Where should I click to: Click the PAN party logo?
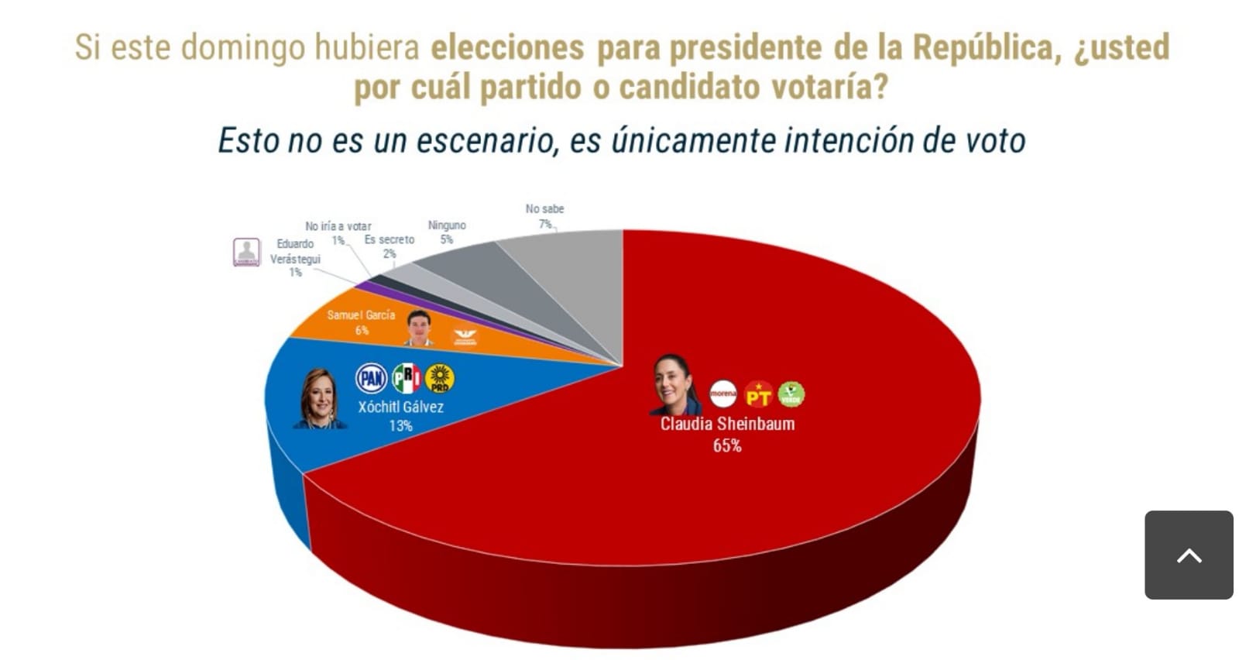click(x=371, y=378)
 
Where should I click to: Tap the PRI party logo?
click(x=406, y=378)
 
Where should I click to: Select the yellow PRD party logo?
click(x=440, y=378)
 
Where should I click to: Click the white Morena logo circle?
click(x=723, y=394)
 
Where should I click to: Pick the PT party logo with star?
click(x=758, y=395)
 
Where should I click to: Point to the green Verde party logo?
click(x=791, y=394)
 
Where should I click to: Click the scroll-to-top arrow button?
click(x=1189, y=555)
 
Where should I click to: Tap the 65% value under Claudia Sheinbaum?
click(x=727, y=445)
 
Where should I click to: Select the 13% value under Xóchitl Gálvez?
click(x=401, y=426)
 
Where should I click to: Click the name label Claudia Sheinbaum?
click(x=727, y=424)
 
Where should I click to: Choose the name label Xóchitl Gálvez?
click(x=400, y=407)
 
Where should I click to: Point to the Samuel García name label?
click(x=361, y=315)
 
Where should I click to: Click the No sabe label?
click(x=544, y=209)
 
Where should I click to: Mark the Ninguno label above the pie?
click(x=447, y=225)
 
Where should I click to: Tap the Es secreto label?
click(x=390, y=240)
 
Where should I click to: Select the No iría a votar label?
click(x=338, y=226)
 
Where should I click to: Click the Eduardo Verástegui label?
click(x=295, y=252)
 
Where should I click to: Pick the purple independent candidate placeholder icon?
click(x=247, y=253)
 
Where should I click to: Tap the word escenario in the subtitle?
click(x=486, y=141)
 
